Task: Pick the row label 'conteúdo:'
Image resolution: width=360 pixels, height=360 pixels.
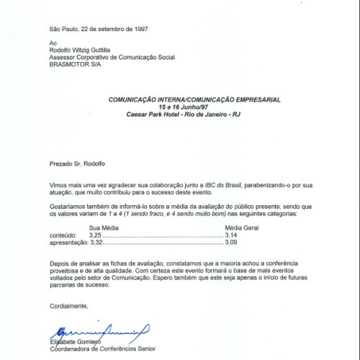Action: point(63,235)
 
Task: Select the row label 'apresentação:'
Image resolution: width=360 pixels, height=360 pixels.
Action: point(68,243)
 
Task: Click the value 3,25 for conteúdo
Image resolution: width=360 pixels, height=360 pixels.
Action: point(95,235)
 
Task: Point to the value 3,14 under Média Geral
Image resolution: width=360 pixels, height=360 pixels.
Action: point(231,235)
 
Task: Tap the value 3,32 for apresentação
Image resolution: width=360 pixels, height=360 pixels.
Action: point(95,243)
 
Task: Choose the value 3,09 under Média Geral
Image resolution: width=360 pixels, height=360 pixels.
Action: point(231,243)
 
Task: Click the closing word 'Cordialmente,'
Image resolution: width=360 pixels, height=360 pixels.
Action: point(69,305)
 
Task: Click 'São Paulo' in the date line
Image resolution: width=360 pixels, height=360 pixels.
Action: point(63,30)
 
